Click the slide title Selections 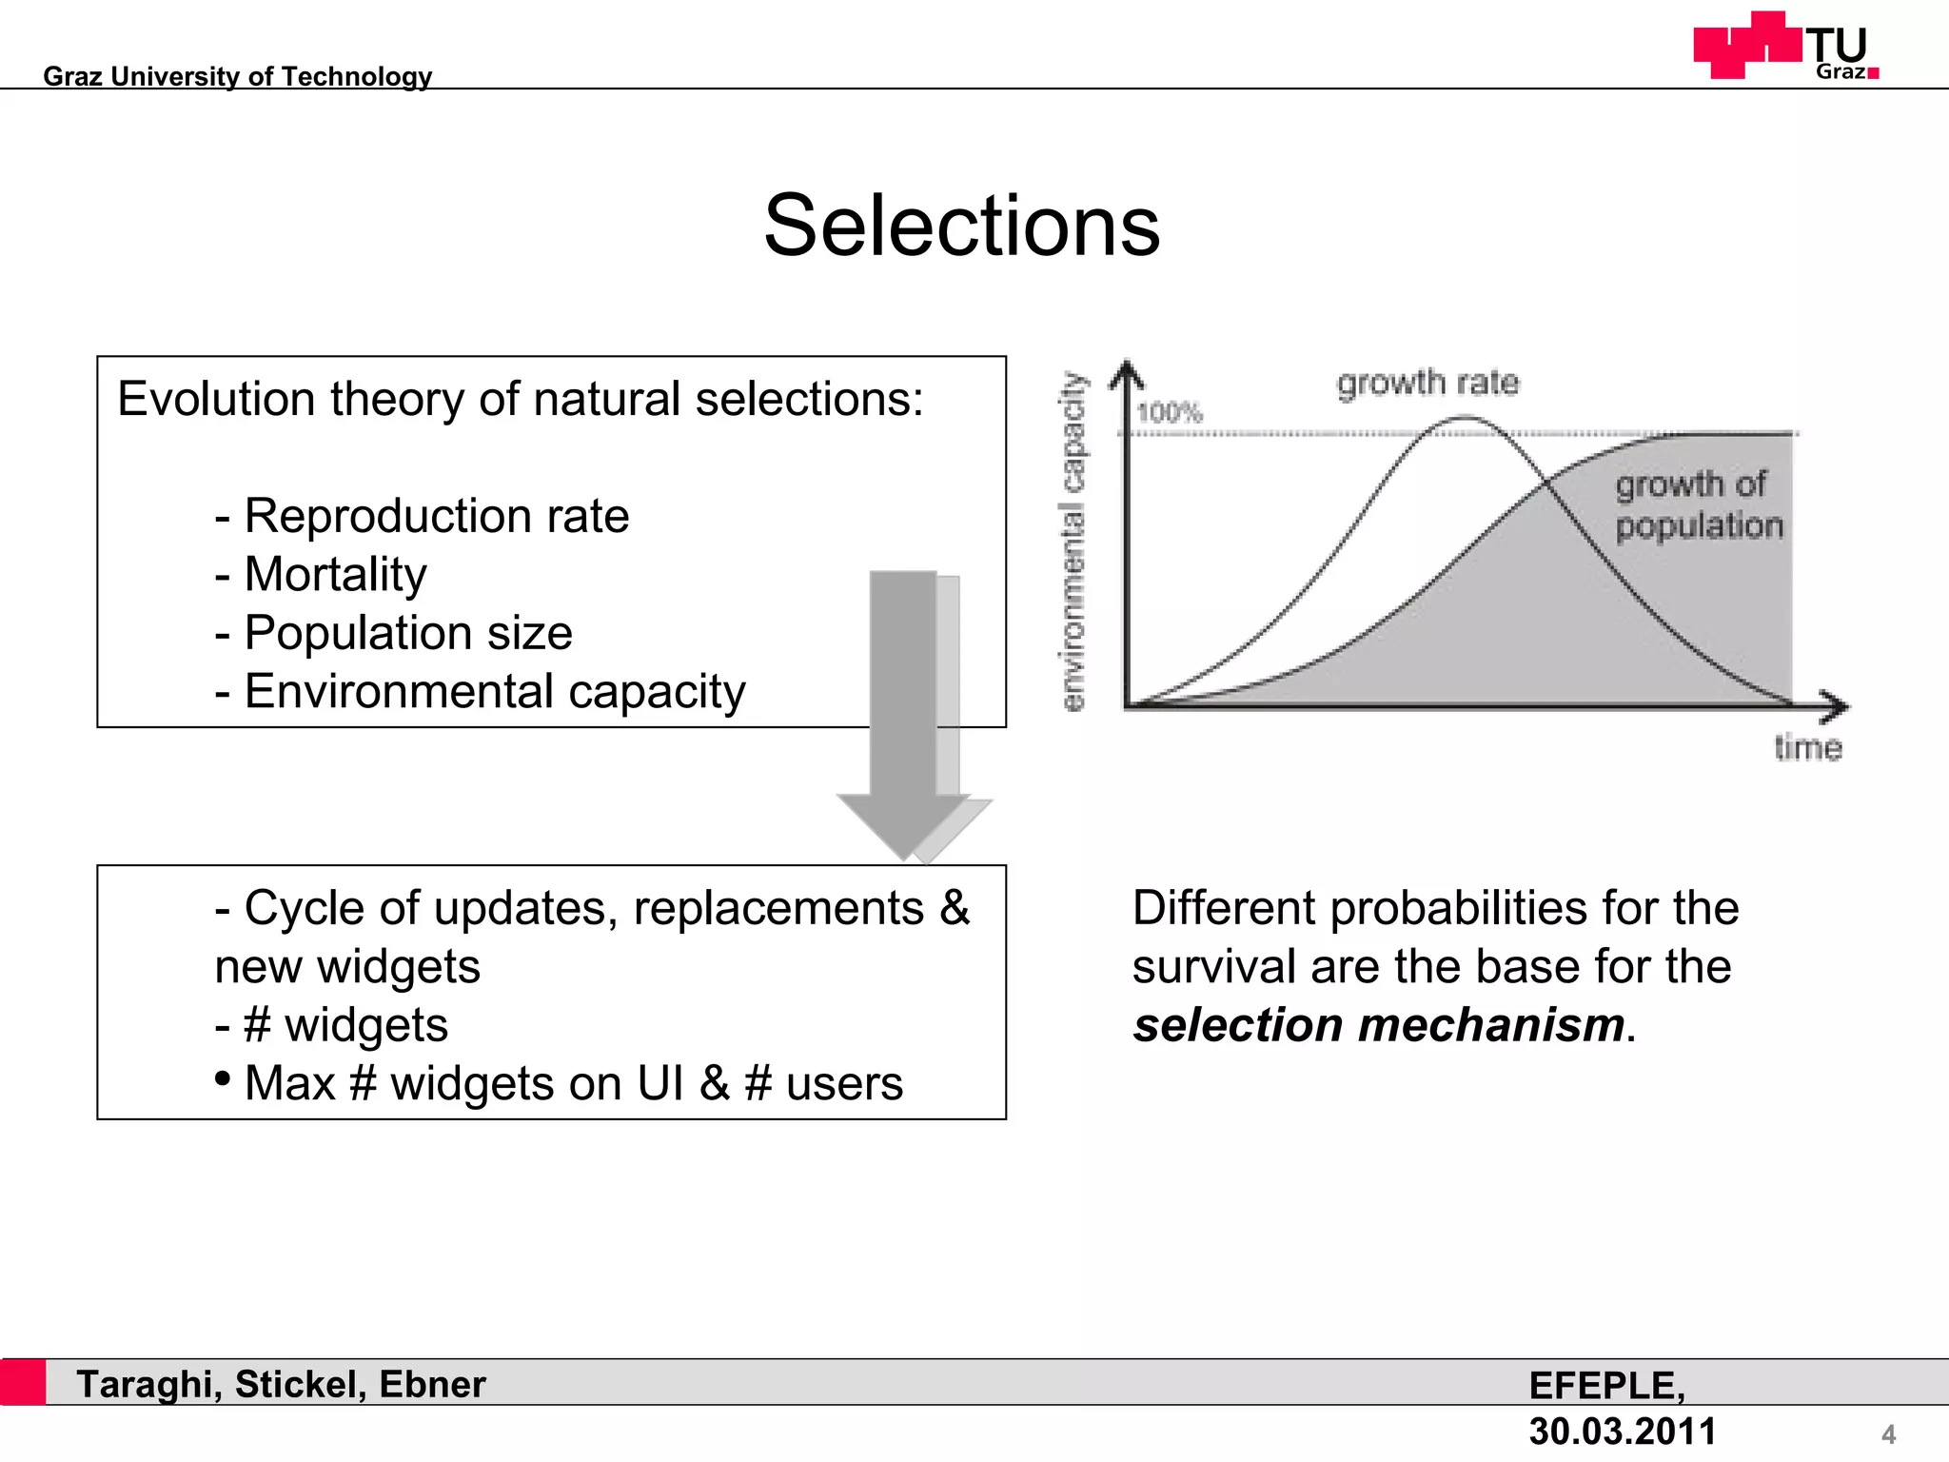[961, 227]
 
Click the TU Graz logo [1785, 47]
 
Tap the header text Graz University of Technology [237, 76]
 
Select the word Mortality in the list [335, 575]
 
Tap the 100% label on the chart [1170, 413]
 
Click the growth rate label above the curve [1427, 383]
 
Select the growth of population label [1698, 505]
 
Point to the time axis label [1807, 748]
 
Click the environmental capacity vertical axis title [1073, 541]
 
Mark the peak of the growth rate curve [1467, 417]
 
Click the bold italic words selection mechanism [1378, 1025]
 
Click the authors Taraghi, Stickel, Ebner [281, 1384]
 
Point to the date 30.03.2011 [1622, 1431]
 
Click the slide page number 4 [1888, 1433]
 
